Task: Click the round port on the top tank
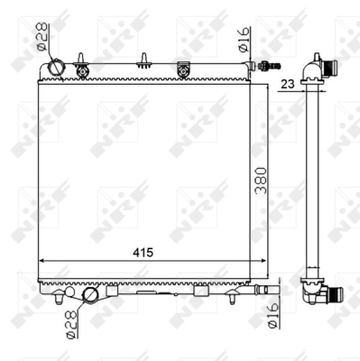tap(58, 67)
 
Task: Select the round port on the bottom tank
tap(91, 295)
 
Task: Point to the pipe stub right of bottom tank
tap(263, 289)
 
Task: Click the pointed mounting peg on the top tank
tap(143, 61)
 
